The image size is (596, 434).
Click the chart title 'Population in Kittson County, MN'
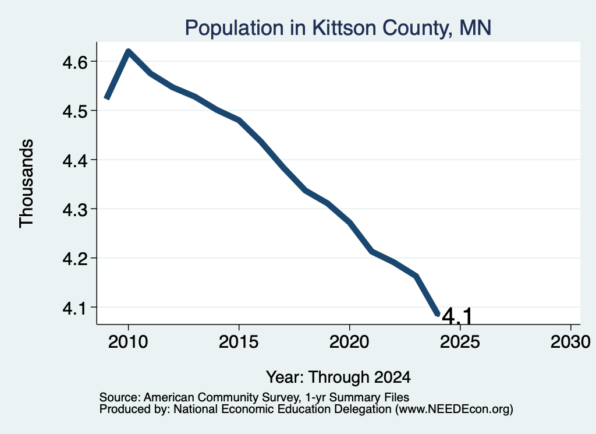pos(338,28)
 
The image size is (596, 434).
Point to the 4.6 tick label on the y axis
pos(76,62)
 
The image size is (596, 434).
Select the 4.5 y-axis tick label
pos(76,111)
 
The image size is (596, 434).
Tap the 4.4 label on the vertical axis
pos(76,161)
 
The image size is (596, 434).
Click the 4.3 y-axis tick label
pos(76,210)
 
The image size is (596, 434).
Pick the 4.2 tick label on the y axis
pos(76,259)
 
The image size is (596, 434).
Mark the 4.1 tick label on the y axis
pos(76,308)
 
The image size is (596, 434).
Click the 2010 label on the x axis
pos(128,341)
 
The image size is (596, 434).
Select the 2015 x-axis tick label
pos(239,341)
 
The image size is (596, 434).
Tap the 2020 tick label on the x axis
pos(349,341)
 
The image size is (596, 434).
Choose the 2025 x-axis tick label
pos(460,341)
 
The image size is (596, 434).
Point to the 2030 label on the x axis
pos(570,341)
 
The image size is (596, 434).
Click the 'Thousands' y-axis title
pos(27,184)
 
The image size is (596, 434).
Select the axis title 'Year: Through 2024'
pos(338,377)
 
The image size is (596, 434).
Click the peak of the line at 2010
pos(129,51)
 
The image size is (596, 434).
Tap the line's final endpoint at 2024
pos(438,314)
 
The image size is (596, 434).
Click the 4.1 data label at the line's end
pos(457,316)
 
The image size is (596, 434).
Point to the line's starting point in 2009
pos(107,98)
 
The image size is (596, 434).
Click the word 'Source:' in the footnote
pos(120,397)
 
